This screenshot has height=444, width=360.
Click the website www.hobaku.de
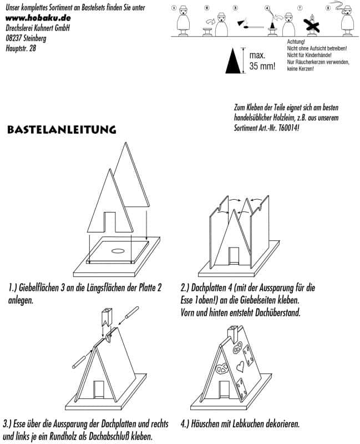(38, 18)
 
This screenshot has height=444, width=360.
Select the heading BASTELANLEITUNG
(61, 130)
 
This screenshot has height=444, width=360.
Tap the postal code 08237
(15, 38)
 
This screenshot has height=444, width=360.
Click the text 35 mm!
(262, 67)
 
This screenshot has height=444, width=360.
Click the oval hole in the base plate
(118, 251)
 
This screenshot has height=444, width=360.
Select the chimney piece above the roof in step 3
(106, 319)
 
